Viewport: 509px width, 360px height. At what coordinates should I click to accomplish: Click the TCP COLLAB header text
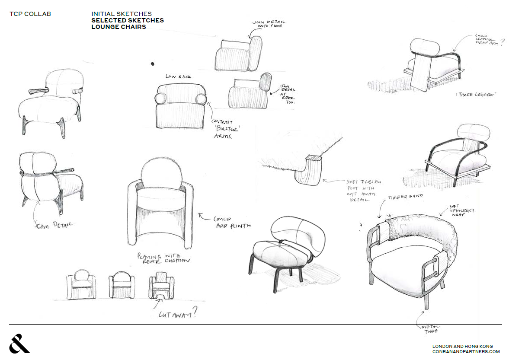coord(30,14)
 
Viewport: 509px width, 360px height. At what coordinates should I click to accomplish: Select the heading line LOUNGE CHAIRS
coord(118,27)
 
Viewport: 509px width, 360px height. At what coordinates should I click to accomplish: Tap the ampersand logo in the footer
coord(19,343)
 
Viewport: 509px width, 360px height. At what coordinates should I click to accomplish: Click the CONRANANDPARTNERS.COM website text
coord(466,351)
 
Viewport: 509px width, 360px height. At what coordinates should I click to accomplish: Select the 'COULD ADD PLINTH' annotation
coord(230,222)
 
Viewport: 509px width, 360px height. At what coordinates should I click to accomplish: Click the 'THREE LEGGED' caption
coord(475,94)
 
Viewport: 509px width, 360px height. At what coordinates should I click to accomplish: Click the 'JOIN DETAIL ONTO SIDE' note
coord(268,24)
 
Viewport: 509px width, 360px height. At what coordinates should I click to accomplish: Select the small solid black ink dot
coord(152,64)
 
